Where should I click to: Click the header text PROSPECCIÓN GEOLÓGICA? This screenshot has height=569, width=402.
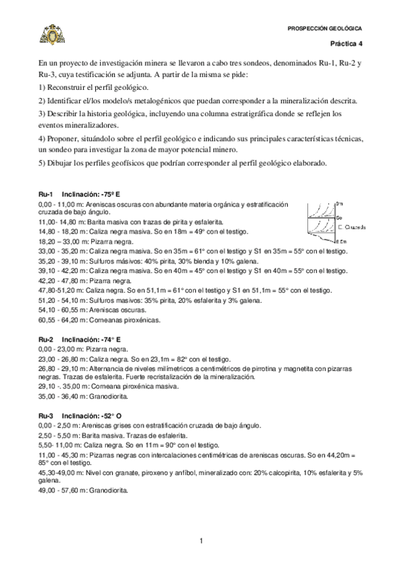tap(324, 29)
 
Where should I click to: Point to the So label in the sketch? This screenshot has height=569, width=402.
tap(339, 218)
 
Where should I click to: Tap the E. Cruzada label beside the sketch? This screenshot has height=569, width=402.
tap(353, 227)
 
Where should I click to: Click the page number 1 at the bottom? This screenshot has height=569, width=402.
tap(201, 541)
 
